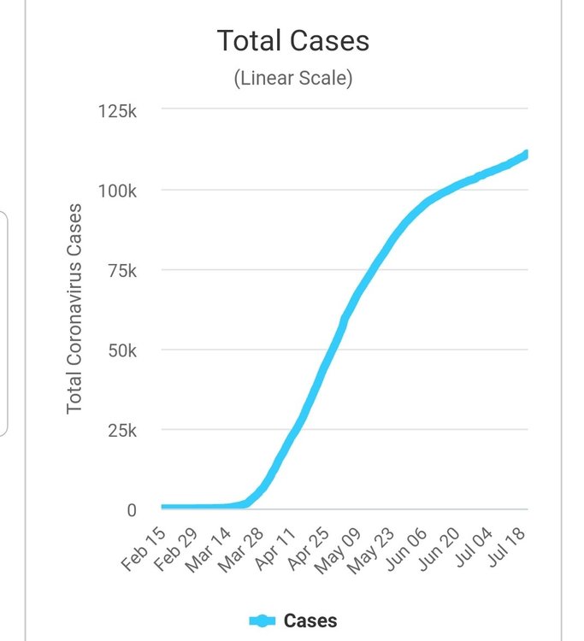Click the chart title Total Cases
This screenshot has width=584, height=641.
pyautogui.click(x=292, y=40)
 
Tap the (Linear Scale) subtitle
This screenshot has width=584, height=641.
pyautogui.click(x=292, y=79)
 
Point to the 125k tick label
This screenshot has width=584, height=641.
pyautogui.click(x=117, y=111)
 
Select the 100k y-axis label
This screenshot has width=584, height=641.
pyautogui.click(x=117, y=191)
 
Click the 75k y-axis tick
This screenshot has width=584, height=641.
pyautogui.click(x=121, y=271)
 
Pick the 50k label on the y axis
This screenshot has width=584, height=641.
pyautogui.click(x=121, y=350)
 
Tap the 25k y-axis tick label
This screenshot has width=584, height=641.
pyautogui.click(x=121, y=430)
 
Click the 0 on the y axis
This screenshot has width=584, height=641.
pyautogui.click(x=132, y=510)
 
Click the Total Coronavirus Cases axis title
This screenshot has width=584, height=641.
pyautogui.click(x=74, y=308)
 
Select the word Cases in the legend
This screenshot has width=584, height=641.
pyautogui.click(x=310, y=621)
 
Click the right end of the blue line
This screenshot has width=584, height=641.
pyautogui.click(x=527, y=154)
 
